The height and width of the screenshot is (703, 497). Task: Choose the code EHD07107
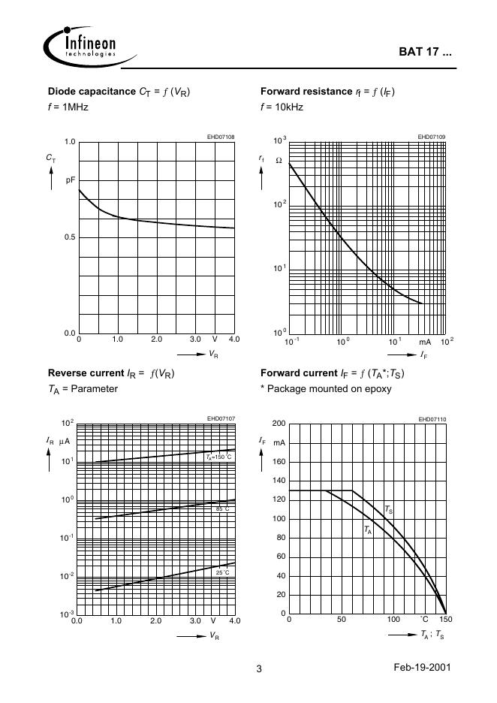point(221,418)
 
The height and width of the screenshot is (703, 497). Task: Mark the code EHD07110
point(432,418)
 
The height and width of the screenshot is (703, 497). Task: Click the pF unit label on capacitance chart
point(71,180)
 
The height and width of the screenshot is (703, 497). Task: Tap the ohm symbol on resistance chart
point(279,161)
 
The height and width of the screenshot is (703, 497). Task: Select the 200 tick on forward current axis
point(279,424)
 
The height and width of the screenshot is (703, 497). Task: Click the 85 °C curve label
point(222,509)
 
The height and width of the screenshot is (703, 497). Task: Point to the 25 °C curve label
point(222,572)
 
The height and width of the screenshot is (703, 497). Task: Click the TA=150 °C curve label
point(219,457)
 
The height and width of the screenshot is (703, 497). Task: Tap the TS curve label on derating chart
point(388,509)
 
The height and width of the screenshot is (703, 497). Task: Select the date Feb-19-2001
point(421,668)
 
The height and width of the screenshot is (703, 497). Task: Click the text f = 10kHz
point(282,107)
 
